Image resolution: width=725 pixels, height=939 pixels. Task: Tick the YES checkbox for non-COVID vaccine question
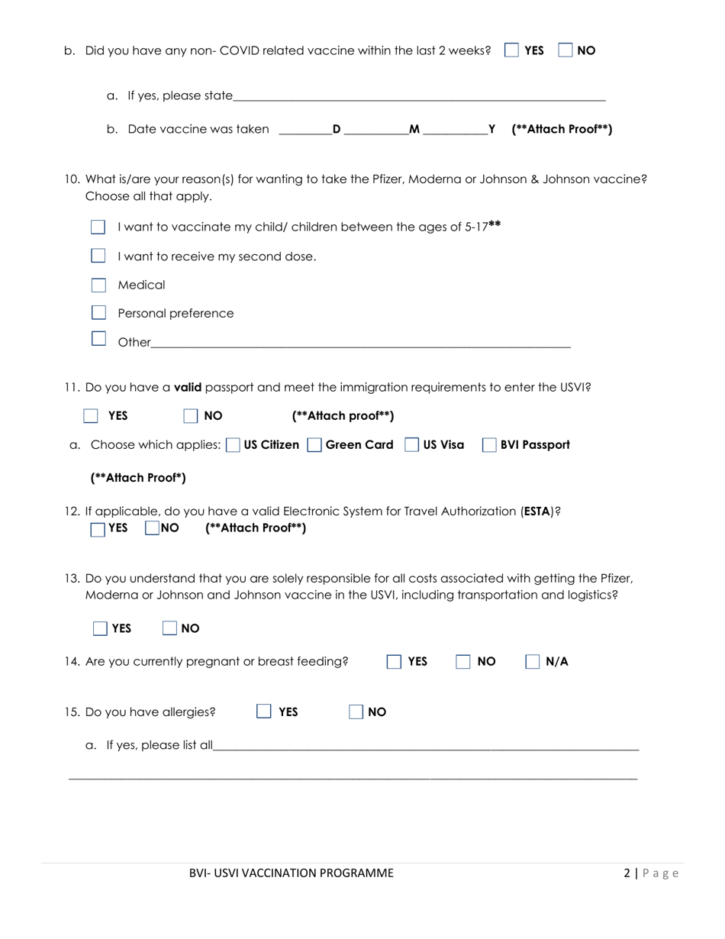(512, 50)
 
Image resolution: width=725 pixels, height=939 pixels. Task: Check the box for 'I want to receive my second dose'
(98, 256)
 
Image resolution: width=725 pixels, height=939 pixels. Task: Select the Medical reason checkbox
(98, 285)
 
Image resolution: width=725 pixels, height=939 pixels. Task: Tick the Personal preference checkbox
(98, 312)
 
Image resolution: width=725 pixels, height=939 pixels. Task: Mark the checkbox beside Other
(98, 338)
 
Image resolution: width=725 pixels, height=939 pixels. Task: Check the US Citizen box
(233, 445)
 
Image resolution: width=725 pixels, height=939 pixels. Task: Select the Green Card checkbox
(314, 445)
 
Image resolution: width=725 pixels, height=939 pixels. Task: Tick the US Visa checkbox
(411, 445)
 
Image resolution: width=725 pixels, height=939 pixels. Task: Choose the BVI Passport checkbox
(489, 445)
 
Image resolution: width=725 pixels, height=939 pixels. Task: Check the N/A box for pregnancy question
(533, 662)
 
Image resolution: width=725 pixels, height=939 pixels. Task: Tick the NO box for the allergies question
(356, 712)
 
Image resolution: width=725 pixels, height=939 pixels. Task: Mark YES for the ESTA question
(98, 528)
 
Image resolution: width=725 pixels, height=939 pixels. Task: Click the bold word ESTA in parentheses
(537, 511)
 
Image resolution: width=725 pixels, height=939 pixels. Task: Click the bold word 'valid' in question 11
(188, 387)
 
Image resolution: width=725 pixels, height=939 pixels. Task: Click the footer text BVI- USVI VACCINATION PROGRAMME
(292, 873)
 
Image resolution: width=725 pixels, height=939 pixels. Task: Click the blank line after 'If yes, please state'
(419, 98)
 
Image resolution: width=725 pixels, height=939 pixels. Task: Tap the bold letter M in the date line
(414, 129)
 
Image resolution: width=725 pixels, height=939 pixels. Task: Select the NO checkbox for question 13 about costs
(170, 628)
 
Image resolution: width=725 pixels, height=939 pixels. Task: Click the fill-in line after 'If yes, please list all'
(426, 747)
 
